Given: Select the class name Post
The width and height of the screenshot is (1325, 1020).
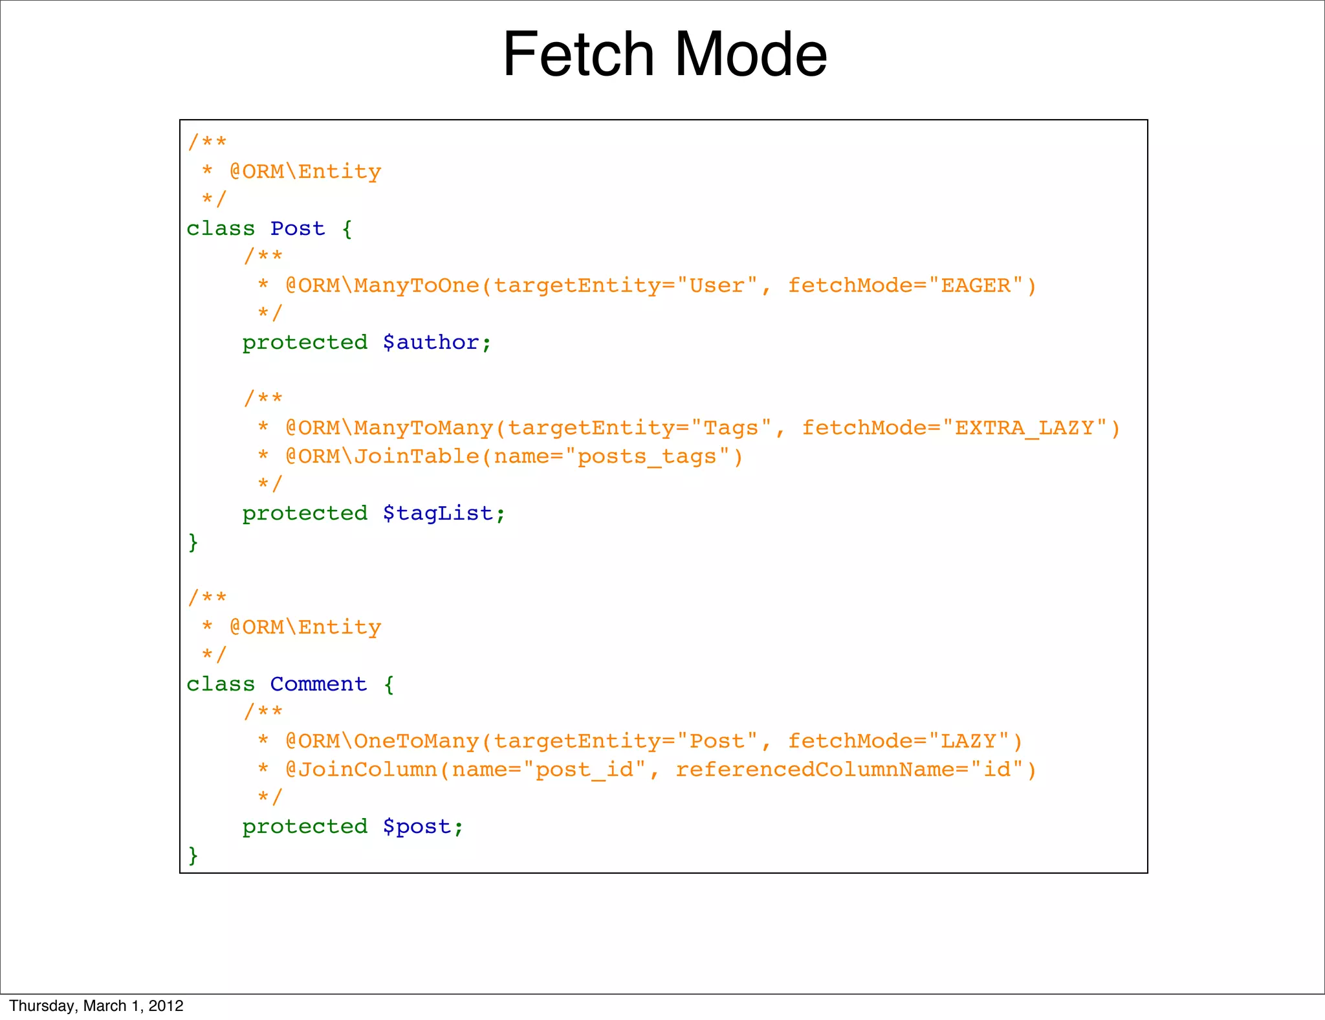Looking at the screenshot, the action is pyautogui.click(x=298, y=228).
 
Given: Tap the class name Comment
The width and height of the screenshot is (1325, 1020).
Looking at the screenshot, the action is pyautogui.click(x=318, y=684).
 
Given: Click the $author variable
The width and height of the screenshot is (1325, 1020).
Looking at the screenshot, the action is pyautogui.click(x=437, y=342).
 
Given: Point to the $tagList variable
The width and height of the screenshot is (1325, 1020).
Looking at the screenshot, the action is pyautogui.click(x=444, y=513).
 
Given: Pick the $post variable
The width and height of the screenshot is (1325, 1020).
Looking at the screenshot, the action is pyautogui.click(x=423, y=826).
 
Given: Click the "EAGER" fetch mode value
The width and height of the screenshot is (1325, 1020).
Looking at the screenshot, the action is pyautogui.click(x=976, y=285).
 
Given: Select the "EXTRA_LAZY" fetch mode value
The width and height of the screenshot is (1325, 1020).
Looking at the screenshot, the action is pyautogui.click(x=1024, y=428).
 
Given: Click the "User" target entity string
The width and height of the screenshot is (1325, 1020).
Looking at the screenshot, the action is pyautogui.click(x=717, y=285).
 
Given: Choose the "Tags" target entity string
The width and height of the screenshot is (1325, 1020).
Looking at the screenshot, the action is pyautogui.click(x=731, y=428).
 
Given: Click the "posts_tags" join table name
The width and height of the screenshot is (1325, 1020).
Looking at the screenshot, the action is pyautogui.click(x=647, y=456).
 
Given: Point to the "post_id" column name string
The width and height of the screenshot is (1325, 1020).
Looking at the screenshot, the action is pyautogui.click(x=584, y=770).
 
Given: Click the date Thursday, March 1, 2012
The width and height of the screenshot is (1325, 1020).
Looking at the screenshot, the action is pyautogui.click(x=96, y=1006).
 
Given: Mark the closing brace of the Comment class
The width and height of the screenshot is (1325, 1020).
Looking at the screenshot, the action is pyautogui.click(x=193, y=855).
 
